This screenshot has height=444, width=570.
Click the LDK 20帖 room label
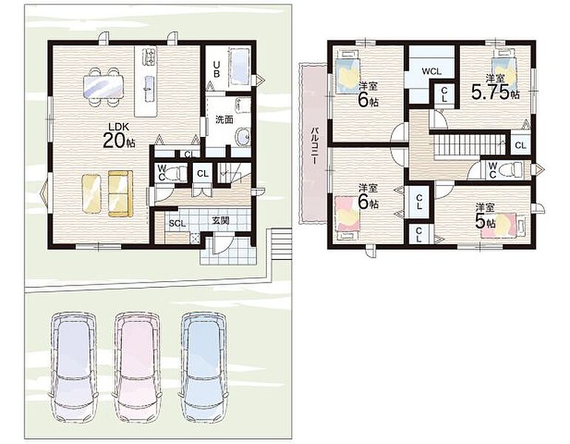119,135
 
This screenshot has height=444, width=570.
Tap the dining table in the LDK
104,87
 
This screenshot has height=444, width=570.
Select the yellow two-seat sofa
121,194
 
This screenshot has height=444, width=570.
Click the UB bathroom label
217,69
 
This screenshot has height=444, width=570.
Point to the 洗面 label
224,119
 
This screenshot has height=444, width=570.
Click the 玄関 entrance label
220,221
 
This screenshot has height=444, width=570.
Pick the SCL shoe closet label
177,223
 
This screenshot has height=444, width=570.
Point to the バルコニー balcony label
315,146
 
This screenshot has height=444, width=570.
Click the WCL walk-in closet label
432,71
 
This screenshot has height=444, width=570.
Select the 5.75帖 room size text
495,92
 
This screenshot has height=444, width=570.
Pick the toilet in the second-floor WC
510,170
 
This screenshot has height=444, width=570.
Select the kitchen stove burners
149,56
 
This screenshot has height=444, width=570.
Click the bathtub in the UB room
240,67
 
